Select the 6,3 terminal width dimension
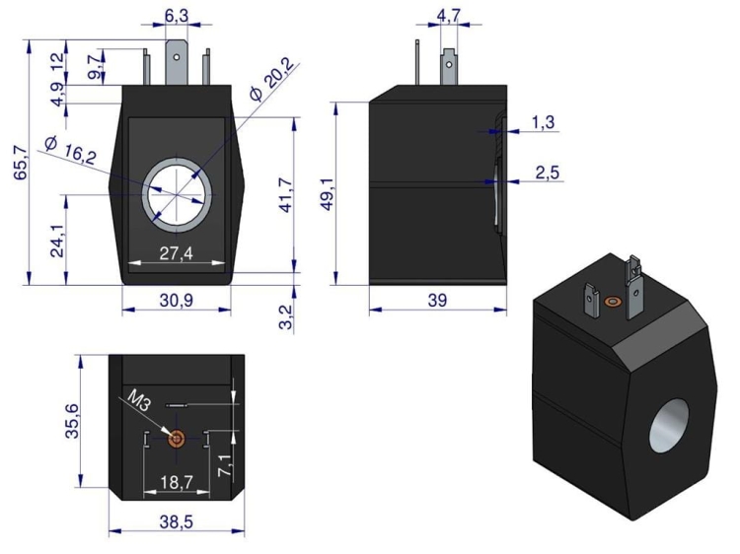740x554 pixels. [x=177, y=17]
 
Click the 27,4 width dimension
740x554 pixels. [x=176, y=253]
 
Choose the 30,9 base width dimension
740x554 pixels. [x=176, y=300]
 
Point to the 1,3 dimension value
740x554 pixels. [x=544, y=122]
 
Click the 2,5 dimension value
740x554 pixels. [x=547, y=173]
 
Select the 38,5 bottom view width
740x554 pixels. [x=176, y=521]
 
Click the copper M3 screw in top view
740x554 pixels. [x=177, y=439]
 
